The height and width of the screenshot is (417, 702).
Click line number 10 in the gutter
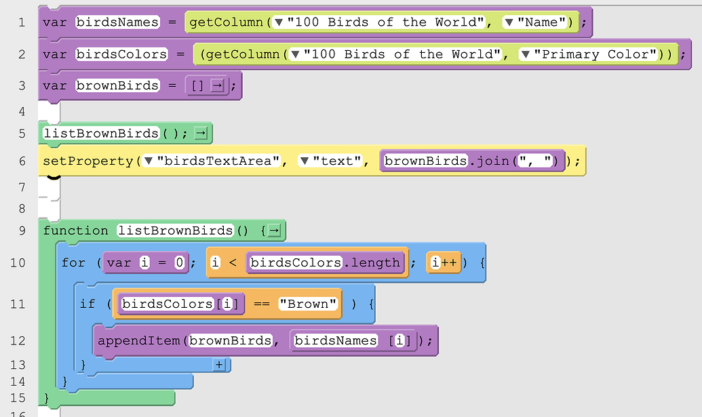tap(18, 262)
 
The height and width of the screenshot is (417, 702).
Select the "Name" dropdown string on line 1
tap(542, 22)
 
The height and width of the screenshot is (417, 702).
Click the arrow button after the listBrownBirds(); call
tap(201, 134)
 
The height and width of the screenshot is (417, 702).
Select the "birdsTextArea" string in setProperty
tap(219, 161)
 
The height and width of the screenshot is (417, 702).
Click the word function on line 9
tap(75, 231)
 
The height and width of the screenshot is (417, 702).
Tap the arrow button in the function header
tap(273, 231)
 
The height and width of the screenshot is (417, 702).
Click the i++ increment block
tap(444, 262)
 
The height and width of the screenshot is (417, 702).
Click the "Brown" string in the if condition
tap(308, 304)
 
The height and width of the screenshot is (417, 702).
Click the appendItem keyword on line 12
tap(139, 340)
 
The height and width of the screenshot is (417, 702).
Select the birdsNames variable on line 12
tap(334, 340)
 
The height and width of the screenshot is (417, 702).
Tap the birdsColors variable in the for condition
tap(294, 262)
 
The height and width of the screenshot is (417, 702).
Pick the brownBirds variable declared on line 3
tap(117, 85)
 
